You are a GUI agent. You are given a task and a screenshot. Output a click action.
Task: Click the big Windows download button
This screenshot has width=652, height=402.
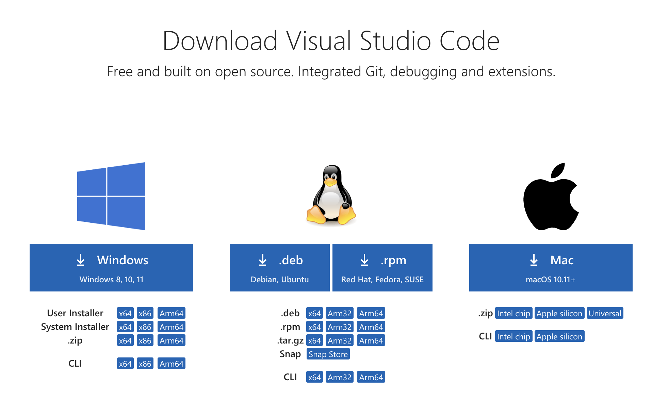point(111,267)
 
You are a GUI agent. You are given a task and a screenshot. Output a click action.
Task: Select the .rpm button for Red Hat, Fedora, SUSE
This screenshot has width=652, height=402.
point(382,267)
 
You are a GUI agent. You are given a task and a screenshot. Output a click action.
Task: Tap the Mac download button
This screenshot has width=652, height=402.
point(551,267)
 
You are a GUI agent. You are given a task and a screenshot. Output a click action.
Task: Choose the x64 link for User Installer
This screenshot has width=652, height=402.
point(125,313)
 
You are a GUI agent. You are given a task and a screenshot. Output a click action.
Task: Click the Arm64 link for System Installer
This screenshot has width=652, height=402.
point(172,327)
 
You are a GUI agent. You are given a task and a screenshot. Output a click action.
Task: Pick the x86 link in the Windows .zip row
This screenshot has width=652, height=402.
point(145,340)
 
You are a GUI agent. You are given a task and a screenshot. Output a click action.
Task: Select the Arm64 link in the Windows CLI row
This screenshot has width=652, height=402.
point(172,364)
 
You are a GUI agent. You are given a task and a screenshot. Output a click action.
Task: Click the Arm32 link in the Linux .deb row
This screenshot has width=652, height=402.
point(340,313)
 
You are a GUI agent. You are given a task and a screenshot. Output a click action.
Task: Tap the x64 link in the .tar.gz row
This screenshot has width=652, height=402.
point(314,340)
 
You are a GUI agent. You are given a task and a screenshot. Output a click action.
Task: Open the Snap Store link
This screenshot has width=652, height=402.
point(328,354)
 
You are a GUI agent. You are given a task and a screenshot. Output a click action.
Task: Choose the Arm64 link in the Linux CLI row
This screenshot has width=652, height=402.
point(371,377)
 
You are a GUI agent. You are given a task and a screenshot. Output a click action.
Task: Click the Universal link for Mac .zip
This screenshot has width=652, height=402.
point(605,313)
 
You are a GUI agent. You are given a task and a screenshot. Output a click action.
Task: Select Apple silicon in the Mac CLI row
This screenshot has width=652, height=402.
point(559,336)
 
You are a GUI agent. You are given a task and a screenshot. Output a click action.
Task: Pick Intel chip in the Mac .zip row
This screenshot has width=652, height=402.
point(514,313)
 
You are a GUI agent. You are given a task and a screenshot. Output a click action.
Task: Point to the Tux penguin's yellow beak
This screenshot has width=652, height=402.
point(330,182)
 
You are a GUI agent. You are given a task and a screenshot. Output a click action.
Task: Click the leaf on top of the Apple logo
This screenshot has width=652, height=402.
point(558,171)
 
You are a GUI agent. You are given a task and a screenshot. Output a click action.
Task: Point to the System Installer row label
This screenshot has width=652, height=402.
point(75,327)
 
